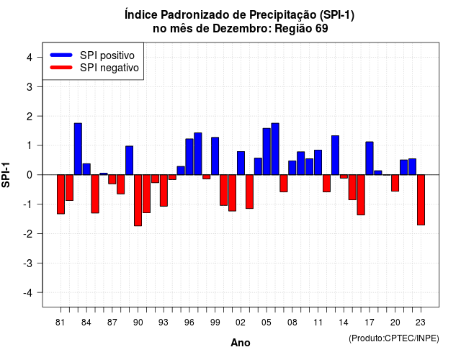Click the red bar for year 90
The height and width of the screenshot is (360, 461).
pos(138,200)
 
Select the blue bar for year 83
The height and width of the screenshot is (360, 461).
pos(78,149)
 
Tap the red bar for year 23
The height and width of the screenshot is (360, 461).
pos(421,200)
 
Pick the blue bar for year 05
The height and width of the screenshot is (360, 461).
pos(267,151)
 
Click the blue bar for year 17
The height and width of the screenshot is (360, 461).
pos(370,158)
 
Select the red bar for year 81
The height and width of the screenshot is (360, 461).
pos(61,194)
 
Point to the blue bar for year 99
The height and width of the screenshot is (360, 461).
pos(215,156)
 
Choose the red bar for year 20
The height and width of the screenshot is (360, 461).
pos(395,183)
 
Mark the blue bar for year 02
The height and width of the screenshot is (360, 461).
pos(241,163)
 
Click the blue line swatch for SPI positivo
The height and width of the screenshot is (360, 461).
pos(61,55)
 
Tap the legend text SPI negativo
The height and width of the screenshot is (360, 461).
pos(109,68)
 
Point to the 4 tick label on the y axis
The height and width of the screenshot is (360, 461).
pos(30,58)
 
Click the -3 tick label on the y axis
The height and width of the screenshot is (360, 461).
pos(27,264)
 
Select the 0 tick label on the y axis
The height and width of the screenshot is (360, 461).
pos(30,175)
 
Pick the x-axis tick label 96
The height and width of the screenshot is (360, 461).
pos(189,323)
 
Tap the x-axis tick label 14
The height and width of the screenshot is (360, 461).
pos(344,323)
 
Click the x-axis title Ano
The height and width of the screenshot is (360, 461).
pos(241,343)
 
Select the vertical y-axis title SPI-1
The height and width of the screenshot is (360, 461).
pos(6,175)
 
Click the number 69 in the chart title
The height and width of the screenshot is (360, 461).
pos(322,29)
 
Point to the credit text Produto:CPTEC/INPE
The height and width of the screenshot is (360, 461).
pos(394,338)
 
